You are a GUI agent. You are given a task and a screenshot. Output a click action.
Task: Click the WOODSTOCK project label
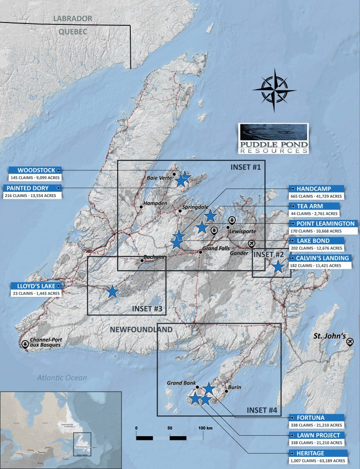point(36,170)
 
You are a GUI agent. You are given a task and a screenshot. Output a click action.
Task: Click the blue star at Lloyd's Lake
point(112,292)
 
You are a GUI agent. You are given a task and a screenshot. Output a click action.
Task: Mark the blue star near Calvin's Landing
point(277,267)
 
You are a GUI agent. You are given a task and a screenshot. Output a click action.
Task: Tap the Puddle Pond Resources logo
point(273,139)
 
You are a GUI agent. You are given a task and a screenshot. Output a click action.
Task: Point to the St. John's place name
point(330,336)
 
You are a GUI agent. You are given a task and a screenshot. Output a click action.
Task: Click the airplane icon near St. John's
point(349,342)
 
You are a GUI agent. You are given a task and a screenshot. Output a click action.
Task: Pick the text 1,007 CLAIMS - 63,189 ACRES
point(317,461)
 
